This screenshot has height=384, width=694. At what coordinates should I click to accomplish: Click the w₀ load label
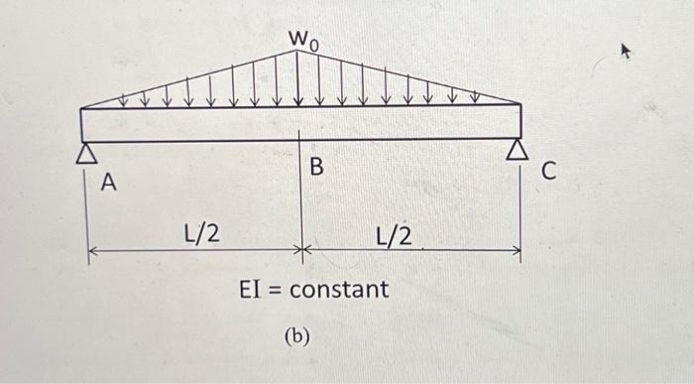coord(303,39)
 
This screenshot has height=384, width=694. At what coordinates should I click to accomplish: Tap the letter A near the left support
coord(110,183)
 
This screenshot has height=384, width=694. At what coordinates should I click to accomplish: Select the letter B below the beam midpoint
coord(316,168)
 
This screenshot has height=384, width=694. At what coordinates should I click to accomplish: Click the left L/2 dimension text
coord(202,234)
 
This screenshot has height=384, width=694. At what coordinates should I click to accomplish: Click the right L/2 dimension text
coord(396,235)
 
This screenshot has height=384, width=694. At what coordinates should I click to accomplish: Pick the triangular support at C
coord(518,151)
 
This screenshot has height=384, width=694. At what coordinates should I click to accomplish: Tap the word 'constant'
coord(338,291)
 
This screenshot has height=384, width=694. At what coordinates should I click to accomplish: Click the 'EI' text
coord(250,291)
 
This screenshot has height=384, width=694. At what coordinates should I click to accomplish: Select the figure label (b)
coord(296,336)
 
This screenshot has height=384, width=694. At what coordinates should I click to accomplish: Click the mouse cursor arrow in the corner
coord(625,50)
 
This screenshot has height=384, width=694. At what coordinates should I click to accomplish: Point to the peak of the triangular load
coord(300,51)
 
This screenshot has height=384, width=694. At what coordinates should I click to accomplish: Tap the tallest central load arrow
coord(299,79)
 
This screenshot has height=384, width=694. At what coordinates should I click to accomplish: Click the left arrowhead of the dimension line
coord(93,252)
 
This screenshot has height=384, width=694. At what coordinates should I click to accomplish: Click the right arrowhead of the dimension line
coord(515,252)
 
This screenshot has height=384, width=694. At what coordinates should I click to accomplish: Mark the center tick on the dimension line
coord(302,252)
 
